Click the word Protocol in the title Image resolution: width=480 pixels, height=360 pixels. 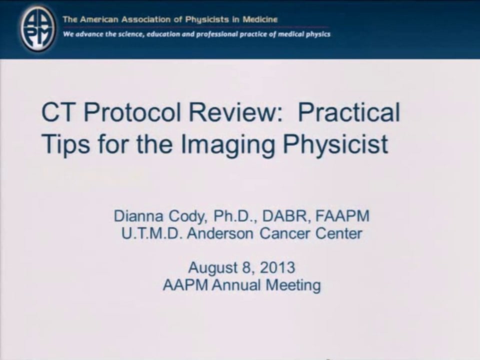click(132, 112)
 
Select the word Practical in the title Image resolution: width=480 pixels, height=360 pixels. click(349, 112)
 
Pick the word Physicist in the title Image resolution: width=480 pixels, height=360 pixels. click(336, 144)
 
